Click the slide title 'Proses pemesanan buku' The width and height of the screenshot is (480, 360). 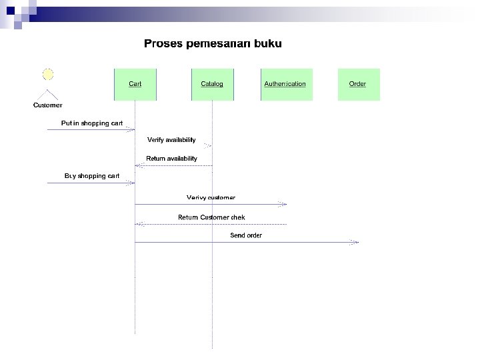click(x=213, y=44)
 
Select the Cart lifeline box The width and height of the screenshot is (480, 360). click(x=135, y=84)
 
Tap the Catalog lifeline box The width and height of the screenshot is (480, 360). click(x=212, y=84)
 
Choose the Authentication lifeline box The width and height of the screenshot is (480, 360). click(x=285, y=84)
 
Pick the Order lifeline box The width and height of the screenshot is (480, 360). click(x=358, y=84)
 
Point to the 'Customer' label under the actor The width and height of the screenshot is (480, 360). click(x=48, y=105)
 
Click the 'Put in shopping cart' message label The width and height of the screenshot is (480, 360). click(x=92, y=123)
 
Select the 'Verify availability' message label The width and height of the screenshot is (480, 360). click(x=171, y=140)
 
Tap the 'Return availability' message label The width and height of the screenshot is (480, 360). click(x=171, y=159)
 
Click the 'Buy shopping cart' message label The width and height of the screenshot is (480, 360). click(x=92, y=176)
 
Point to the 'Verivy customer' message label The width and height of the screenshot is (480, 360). click(x=211, y=197)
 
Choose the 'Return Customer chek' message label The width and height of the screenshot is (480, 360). click(x=211, y=217)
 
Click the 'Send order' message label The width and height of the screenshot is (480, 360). click(x=246, y=235)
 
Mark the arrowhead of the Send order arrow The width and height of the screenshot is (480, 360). click(x=356, y=243)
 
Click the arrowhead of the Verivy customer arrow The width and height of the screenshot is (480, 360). click(x=284, y=205)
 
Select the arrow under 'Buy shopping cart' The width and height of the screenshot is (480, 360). click(x=91, y=183)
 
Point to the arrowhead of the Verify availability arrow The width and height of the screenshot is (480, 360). click(x=209, y=145)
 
